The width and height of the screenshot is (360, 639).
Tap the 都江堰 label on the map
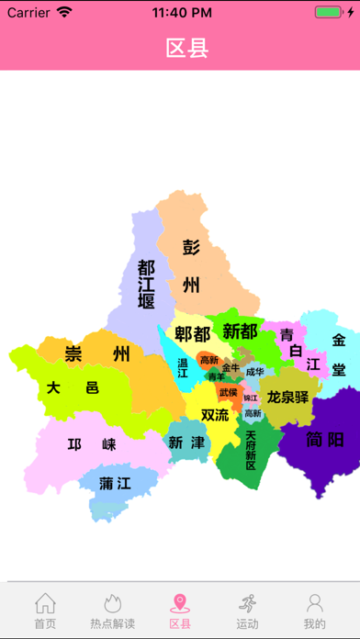pos(146,284)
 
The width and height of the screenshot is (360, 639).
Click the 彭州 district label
pos(191,265)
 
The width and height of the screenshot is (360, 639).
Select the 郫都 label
pos(193,333)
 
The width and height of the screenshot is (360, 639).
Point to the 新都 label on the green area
pos(240,331)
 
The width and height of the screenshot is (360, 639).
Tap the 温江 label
pos(182,368)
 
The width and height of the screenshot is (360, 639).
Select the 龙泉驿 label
pos(288,397)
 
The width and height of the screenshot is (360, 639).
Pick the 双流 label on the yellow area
pos(215,415)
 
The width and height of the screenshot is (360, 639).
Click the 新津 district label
pos(186,442)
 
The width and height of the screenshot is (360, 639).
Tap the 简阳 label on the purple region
pos(325,439)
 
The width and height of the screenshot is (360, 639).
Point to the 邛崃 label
pos(92,445)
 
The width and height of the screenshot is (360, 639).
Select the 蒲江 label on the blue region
pos(116,483)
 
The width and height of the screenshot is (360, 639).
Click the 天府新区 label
pos(251,450)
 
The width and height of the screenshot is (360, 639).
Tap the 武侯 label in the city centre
pos(228,393)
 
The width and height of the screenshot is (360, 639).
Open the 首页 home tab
pos(45,611)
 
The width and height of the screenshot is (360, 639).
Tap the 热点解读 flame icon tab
pos(112,611)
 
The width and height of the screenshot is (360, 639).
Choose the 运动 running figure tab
pos(246,611)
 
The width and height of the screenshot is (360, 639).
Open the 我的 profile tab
pos(314,611)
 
